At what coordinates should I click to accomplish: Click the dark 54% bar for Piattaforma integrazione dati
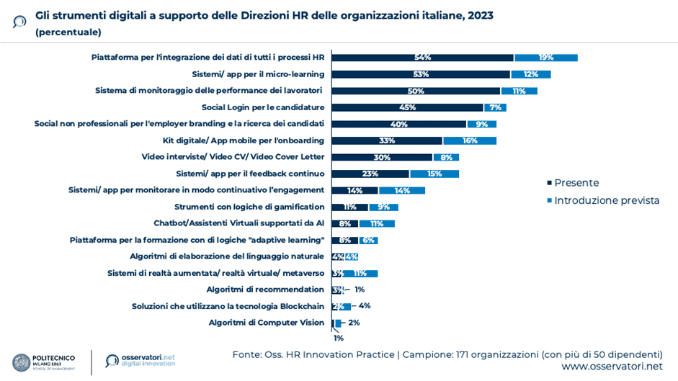[x=422, y=58]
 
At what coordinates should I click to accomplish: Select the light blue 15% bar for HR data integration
[x=545, y=58]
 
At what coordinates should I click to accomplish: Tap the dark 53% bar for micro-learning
[x=421, y=74]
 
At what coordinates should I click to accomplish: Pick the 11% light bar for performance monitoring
[x=519, y=91]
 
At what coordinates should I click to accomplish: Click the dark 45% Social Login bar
[x=407, y=107]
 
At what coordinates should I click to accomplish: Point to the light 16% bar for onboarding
[x=469, y=140]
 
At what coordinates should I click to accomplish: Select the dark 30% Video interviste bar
[x=382, y=157]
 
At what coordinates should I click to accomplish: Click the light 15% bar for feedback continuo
[x=434, y=174]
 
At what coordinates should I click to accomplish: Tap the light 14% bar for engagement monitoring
[x=402, y=190]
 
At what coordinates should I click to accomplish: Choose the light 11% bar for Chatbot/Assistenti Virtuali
[x=376, y=223]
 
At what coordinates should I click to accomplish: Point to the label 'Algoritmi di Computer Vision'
[x=266, y=323]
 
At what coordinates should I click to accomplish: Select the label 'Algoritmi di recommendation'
[x=265, y=290]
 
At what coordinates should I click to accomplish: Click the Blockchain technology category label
[x=228, y=306]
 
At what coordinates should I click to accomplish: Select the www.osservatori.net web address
[x=612, y=367]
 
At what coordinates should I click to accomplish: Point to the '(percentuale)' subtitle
[x=68, y=32]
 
